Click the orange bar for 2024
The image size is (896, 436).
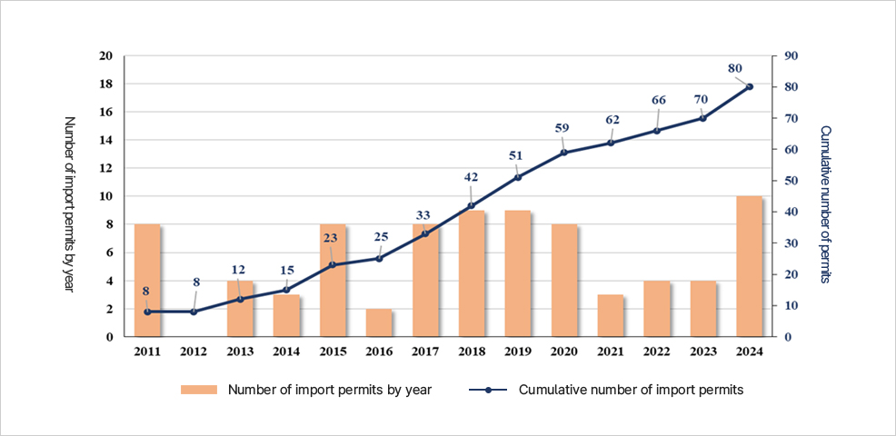[x=749, y=266]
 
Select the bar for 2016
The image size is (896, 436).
[x=378, y=322]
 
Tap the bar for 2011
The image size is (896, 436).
[x=147, y=280]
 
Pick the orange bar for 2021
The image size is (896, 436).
[x=610, y=315]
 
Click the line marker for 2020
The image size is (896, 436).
[x=563, y=153]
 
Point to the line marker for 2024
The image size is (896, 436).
[x=750, y=86]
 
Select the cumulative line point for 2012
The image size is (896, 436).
[x=194, y=312]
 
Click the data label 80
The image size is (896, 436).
[x=735, y=67]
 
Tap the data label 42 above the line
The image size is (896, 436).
[x=471, y=177]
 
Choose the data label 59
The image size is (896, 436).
[x=562, y=128]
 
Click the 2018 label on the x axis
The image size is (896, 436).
[x=471, y=352]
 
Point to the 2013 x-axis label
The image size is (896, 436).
[x=240, y=352]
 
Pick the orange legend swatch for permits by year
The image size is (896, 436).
[x=199, y=390]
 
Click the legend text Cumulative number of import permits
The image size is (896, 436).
[x=631, y=390]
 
